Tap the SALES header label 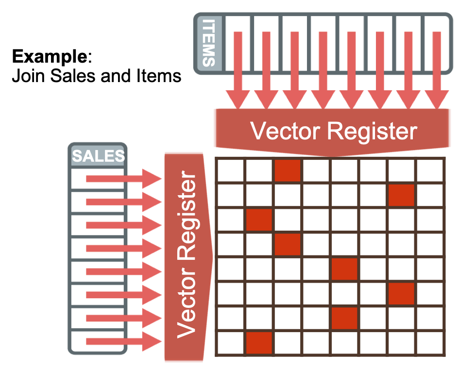tap(98, 156)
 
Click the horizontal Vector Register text tap(333, 131)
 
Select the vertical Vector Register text tap(187, 256)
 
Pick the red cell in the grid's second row tap(401, 195)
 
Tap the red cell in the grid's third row tap(259, 220)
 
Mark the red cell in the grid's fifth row tap(344, 269)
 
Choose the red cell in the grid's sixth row tap(401, 293)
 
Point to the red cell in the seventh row tap(344, 318)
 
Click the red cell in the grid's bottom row tap(259, 342)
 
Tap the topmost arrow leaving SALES tap(124, 179)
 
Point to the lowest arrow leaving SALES tap(124, 341)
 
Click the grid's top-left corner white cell tap(230, 171)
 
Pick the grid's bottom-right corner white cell tap(430, 342)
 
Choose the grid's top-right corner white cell tap(430, 171)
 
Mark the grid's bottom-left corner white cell tap(230, 342)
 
